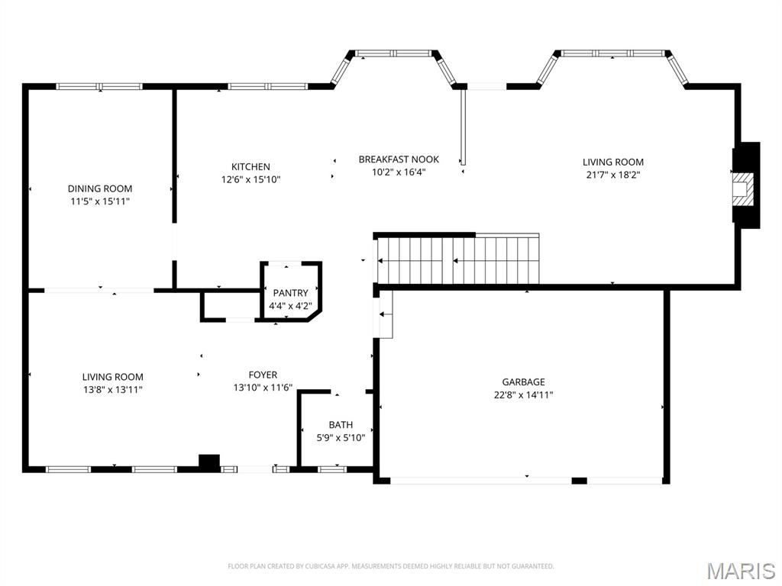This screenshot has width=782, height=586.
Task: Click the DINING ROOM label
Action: click(100, 188)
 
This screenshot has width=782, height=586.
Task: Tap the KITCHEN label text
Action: click(250, 167)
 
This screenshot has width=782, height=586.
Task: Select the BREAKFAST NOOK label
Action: click(399, 159)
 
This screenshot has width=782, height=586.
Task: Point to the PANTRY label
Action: click(290, 293)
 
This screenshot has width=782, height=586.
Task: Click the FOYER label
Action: click(263, 375)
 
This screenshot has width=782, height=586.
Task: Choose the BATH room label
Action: click(341, 425)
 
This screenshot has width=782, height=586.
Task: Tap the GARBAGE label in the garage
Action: click(523, 382)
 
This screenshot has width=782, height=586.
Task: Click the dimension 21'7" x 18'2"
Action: click(613, 175)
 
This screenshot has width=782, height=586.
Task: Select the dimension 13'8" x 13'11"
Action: click(113, 390)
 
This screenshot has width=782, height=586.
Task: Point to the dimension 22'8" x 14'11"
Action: click(523, 395)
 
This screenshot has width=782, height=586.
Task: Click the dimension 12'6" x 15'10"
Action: click(250, 180)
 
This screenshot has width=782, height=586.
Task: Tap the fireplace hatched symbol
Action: click(742, 185)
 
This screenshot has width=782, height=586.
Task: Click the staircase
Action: click(458, 260)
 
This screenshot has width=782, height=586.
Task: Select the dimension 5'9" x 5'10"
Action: click(341, 438)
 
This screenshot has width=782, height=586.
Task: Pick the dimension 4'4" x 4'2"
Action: click(290, 306)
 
